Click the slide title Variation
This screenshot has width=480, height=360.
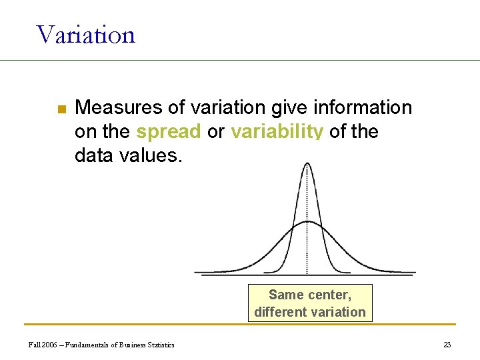click(86, 34)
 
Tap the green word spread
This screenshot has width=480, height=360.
click(168, 132)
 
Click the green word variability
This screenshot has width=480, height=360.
click(277, 132)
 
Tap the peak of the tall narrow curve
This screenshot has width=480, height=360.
click(307, 164)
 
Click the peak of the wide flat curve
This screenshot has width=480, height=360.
click(307, 222)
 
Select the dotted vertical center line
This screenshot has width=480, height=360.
click(307, 247)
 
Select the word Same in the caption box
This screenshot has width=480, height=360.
click(286, 295)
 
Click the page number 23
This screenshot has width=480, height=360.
click(447, 345)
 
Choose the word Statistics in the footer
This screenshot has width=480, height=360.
click(159, 345)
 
